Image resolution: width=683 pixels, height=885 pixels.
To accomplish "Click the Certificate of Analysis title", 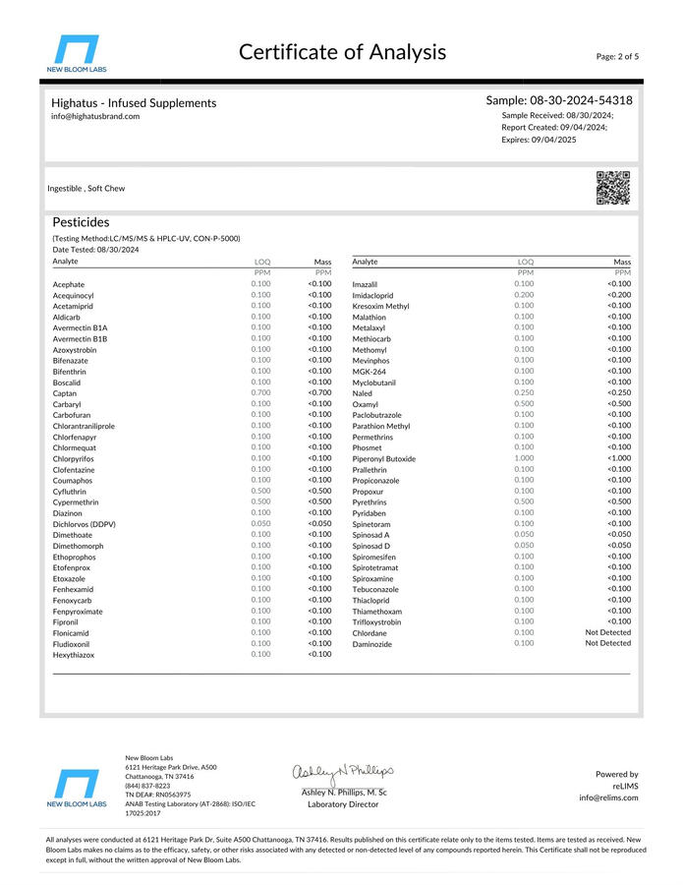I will [x=342, y=52].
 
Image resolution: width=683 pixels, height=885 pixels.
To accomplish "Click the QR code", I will [x=613, y=187].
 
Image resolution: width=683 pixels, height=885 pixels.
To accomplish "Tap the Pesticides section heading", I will [x=81, y=222].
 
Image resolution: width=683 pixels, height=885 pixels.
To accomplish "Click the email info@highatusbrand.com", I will [x=95, y=116].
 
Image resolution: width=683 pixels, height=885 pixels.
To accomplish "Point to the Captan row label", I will [x=66, y=392].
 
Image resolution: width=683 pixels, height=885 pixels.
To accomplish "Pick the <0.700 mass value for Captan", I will [x=319, y=392].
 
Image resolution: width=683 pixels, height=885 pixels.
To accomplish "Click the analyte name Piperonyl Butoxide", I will [x=383, y=458].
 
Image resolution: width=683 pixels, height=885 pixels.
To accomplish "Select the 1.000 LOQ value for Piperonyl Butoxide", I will [x=524, y=458].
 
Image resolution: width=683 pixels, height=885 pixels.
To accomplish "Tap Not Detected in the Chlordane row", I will [x=607, y=632].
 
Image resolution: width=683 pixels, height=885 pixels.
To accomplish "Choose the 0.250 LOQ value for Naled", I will [x=524, y=393].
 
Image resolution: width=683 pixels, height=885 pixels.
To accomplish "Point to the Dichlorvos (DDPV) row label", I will [x=84, y=523].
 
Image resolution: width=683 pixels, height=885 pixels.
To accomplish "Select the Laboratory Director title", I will [x=343, y=804].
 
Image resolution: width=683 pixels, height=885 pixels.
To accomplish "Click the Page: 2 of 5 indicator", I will [x=617, y=56].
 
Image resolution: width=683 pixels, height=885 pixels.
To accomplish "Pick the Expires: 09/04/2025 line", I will [x=539, y=141].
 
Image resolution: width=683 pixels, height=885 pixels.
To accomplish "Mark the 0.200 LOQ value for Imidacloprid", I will [x=524, y=295].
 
